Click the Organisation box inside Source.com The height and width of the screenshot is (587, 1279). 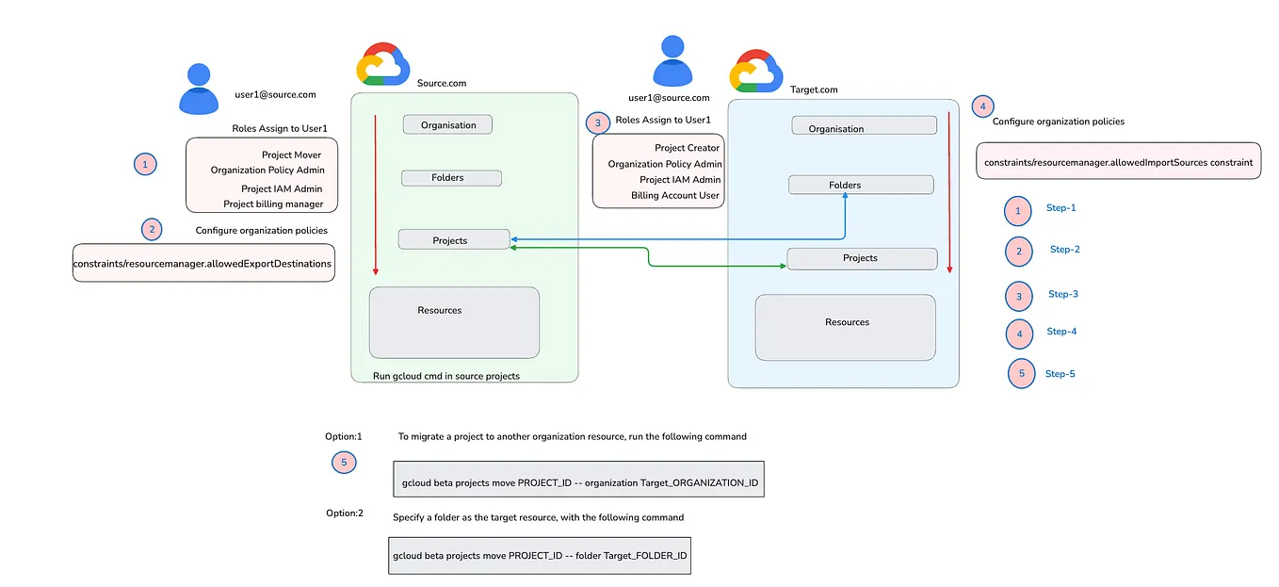click(447, 124)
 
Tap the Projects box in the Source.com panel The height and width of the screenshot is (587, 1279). click(453, 239)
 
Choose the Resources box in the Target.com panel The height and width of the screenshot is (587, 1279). click(845, 327)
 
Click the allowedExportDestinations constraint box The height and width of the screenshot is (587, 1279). click(202, 264)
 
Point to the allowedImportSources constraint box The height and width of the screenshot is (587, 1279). click(1118, 162)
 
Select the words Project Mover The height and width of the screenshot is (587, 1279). click(291, 155)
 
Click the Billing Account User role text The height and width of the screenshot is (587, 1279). click(675, 196)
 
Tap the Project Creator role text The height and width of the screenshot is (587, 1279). click(688, 148)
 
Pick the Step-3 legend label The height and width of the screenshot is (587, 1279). click(1062, 294)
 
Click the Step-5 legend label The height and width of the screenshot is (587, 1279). click(1060, 374)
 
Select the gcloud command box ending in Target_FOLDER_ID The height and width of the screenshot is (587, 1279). click(540, 555)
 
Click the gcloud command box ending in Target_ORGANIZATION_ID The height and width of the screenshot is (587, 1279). click(578, 481)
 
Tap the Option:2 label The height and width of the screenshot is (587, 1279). click(344, 513)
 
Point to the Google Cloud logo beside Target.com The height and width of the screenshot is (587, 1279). click(756, 71)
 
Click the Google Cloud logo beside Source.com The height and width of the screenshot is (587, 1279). click(382, 64)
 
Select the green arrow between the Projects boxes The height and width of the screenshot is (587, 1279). click(649, 256)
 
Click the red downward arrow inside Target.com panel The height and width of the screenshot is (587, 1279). click(949, 188)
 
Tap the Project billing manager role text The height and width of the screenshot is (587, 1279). click(273, 204)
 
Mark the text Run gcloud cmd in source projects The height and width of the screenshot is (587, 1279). click(446, 376)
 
